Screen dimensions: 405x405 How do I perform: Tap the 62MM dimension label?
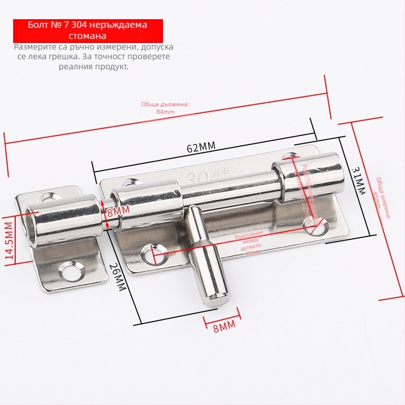point(201,147)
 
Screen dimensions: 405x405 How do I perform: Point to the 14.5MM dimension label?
point(9,240)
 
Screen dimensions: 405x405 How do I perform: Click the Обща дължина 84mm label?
point(165,107)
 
